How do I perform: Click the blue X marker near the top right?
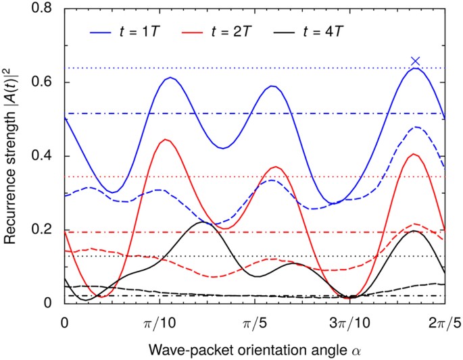[x=416, y=61]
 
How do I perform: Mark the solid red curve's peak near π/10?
[x=165, y=140]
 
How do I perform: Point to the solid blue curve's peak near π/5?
[x=272, y=86]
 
